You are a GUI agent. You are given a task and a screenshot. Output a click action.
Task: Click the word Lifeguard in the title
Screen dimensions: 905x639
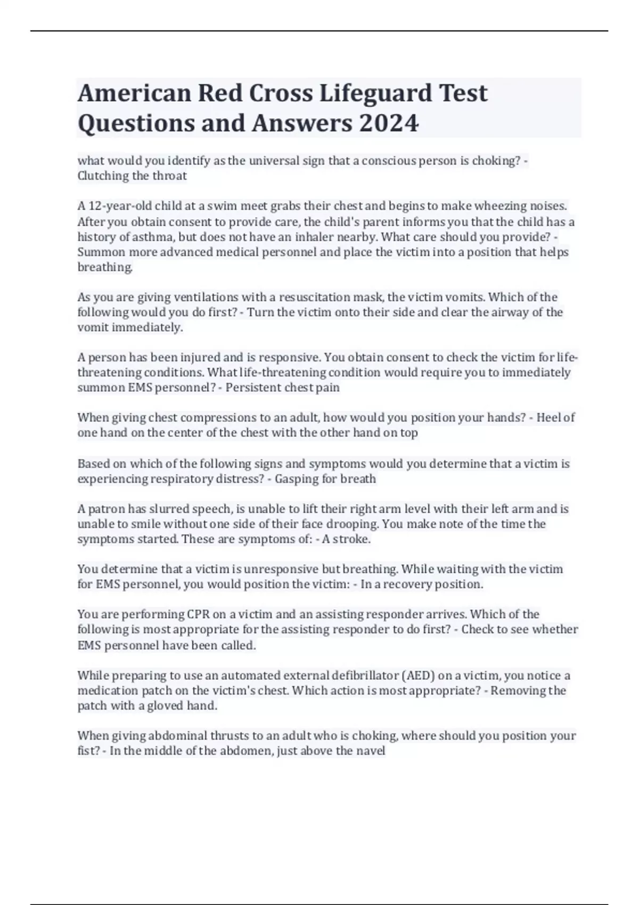[x=367, y=94]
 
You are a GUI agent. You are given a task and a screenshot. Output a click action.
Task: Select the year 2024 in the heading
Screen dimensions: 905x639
[x=389, y=124]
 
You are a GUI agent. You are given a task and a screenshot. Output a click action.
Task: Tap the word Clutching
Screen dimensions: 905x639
[x=103, y=176]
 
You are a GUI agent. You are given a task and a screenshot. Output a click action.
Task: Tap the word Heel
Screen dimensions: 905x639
[x=548, y=417]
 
